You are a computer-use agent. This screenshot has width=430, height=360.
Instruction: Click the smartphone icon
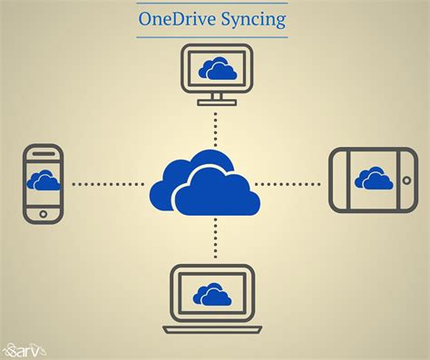pos(44,183)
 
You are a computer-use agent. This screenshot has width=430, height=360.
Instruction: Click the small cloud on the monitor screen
pos(217,68)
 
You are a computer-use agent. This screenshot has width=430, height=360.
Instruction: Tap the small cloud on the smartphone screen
pos(44,180)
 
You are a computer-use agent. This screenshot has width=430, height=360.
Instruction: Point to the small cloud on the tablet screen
pos(374,178)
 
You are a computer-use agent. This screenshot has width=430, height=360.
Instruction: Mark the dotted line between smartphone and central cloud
pos(107,184)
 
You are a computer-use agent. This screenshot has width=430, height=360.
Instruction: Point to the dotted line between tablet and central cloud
pos(288,184)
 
